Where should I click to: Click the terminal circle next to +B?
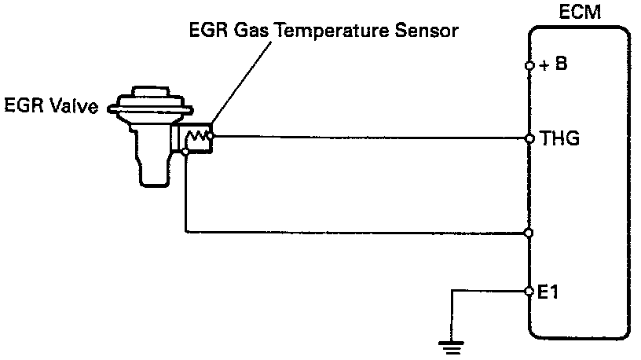(x=530, y=65)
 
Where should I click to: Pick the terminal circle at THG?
(x=530, y=138)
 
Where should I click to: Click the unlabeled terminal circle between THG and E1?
(x=530, y=233)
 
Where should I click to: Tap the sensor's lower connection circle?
(x=185, y=152)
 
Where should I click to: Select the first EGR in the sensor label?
(x=203, y=32)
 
